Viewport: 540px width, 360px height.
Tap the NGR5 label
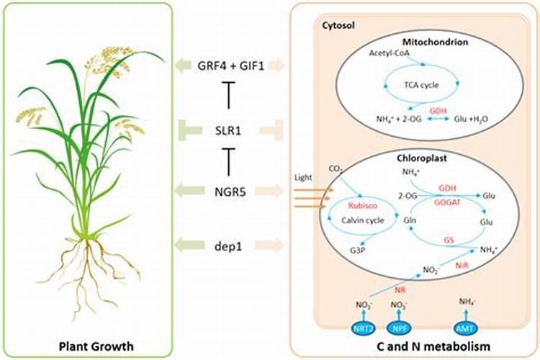[229, 191]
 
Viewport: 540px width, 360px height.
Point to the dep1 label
[229, 245]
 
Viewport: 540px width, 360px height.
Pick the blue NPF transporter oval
[399, 329]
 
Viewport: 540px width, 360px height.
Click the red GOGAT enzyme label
[448, 204]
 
